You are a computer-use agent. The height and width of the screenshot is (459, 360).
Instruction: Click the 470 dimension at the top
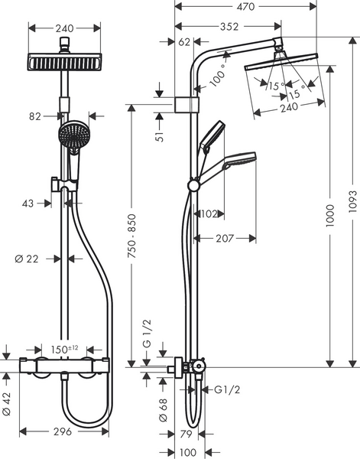[245, 7]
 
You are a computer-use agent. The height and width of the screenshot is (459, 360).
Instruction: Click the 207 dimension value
[225, 239]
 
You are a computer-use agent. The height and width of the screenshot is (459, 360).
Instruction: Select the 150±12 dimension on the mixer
[64, 350]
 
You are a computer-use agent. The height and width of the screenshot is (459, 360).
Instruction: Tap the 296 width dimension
[62, 432]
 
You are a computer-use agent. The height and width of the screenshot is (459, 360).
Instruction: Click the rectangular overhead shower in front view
[65, 60]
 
